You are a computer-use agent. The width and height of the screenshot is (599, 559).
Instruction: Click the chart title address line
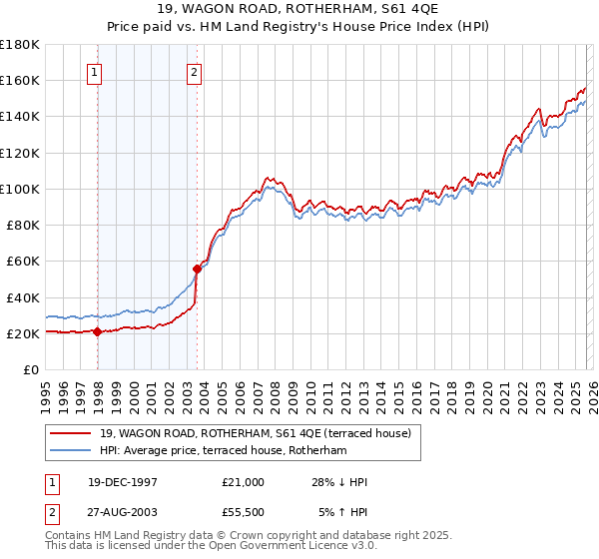point(299,10)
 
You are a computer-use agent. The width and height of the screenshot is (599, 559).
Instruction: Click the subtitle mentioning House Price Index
point(299,27)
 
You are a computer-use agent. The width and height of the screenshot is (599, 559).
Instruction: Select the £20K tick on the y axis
point(23,333)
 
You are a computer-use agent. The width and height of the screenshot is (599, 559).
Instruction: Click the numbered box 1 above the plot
point(94,72)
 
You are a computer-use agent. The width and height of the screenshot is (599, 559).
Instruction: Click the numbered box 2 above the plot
point(194,72)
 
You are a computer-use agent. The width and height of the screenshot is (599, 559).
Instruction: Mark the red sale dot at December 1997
point(97,332)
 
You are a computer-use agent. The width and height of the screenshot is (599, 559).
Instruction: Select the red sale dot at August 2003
point(197,269)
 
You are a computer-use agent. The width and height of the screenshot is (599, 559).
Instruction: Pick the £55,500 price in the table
point(244,513)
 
